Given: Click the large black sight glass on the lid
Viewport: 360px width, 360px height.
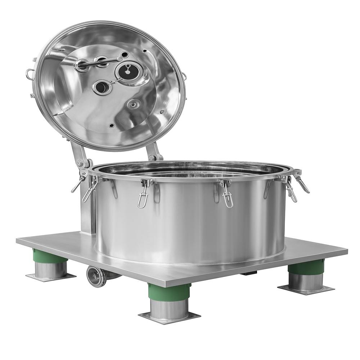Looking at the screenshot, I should pos(128,70).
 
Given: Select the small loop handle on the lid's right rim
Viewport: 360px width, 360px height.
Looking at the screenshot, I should pos(184,76).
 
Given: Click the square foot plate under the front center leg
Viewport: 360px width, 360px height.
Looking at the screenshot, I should pos(169,317).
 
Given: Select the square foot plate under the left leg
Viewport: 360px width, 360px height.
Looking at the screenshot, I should pos(50,276).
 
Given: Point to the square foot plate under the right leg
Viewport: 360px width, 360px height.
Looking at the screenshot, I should pos(306,288).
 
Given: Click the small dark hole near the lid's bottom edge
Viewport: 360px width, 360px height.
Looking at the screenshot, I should pos(111,126).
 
